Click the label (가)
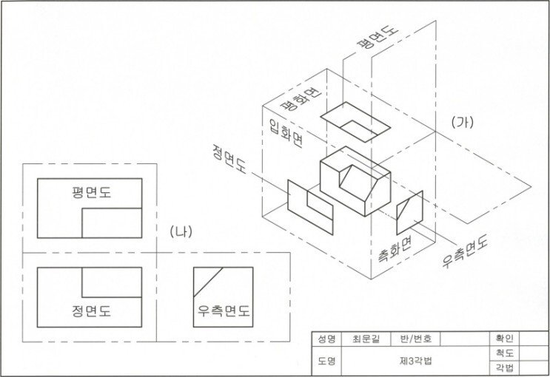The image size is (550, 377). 466,121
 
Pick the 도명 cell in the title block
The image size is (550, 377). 326,362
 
